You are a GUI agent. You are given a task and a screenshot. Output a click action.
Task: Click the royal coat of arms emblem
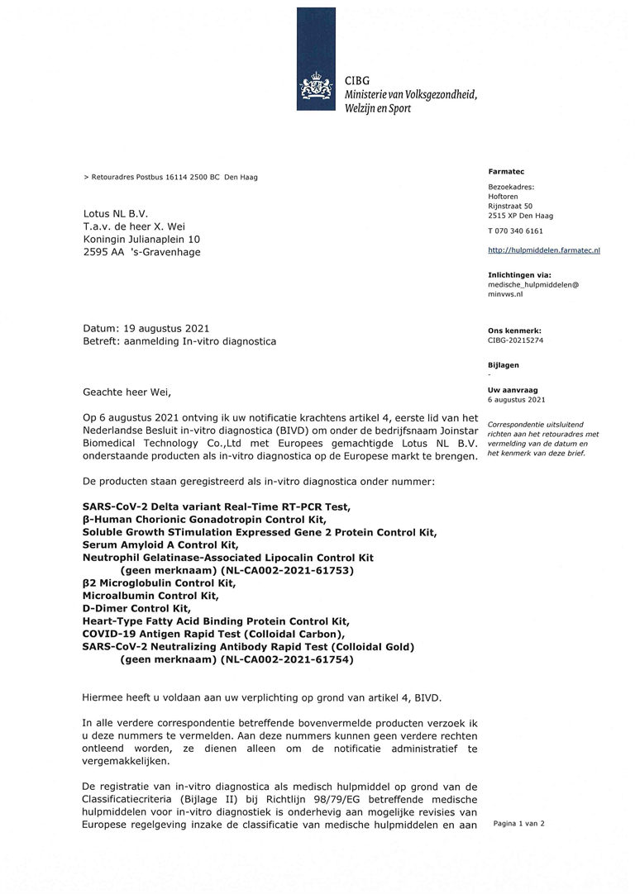pos(316,88)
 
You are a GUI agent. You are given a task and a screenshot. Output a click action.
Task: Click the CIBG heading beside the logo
pos(357,81)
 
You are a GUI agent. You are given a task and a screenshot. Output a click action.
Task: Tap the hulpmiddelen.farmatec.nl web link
pos(544,249)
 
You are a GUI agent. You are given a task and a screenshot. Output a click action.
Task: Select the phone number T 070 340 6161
pos(516,231)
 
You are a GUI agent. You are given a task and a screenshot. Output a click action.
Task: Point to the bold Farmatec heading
pos(501,171)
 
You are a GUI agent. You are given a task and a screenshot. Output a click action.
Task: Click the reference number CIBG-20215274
pos(516,340)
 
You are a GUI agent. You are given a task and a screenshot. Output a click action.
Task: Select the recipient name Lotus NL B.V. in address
pos(116,213)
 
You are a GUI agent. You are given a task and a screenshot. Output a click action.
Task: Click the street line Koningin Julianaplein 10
pos(141,240)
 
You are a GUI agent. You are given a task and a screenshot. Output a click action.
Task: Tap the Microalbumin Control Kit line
pos(150,595)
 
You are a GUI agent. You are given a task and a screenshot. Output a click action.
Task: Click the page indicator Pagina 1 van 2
pos(519,823)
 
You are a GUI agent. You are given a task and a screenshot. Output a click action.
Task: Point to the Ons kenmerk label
pos(515,330)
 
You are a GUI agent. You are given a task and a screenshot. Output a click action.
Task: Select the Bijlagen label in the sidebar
pos(504,364)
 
